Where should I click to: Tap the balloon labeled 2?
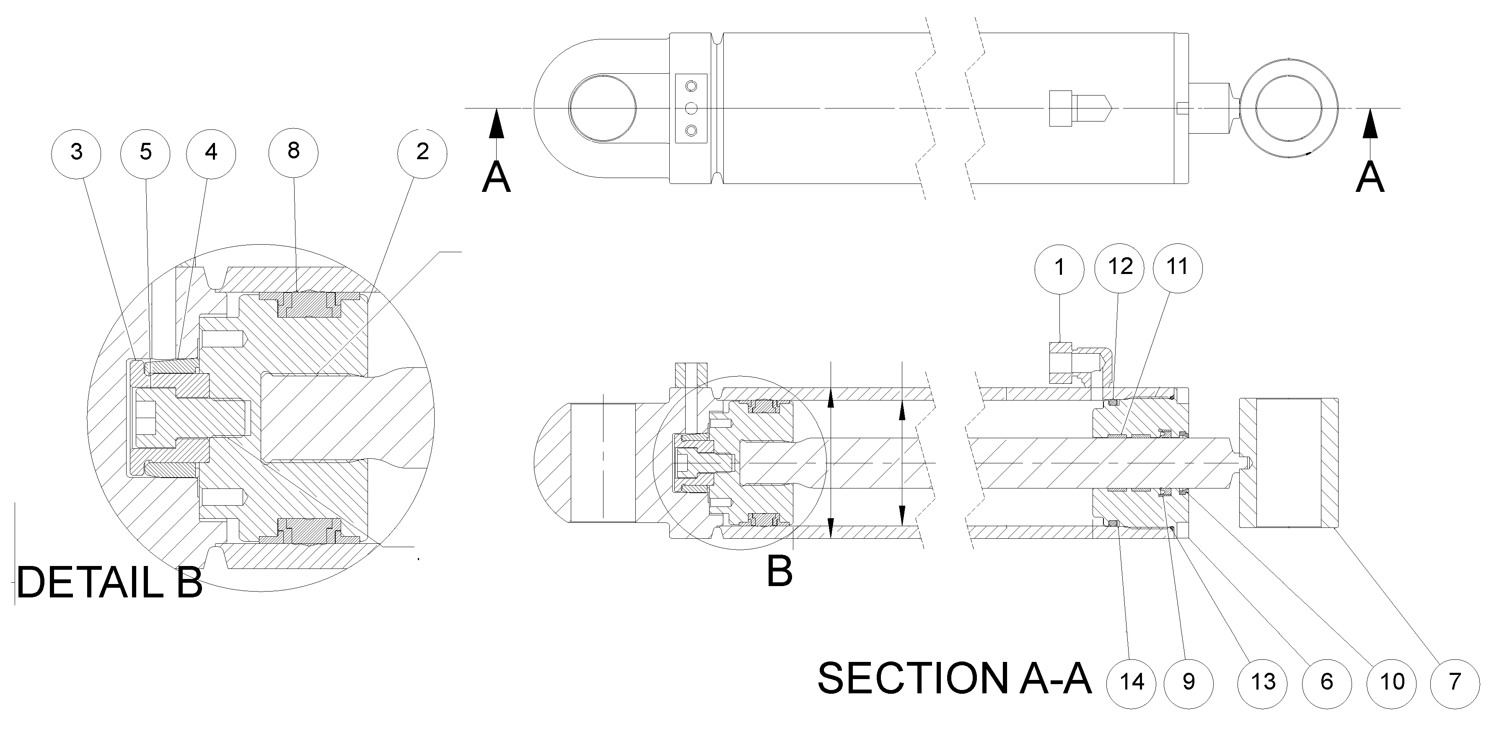[422, 152]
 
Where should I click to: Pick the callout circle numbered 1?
[1059, 268]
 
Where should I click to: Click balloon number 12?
[1119, 267]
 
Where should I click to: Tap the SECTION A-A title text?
[954, 678]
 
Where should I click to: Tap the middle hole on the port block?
[691, 108]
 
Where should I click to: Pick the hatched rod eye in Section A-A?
[1287, 463]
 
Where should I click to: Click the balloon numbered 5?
[145, 152]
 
